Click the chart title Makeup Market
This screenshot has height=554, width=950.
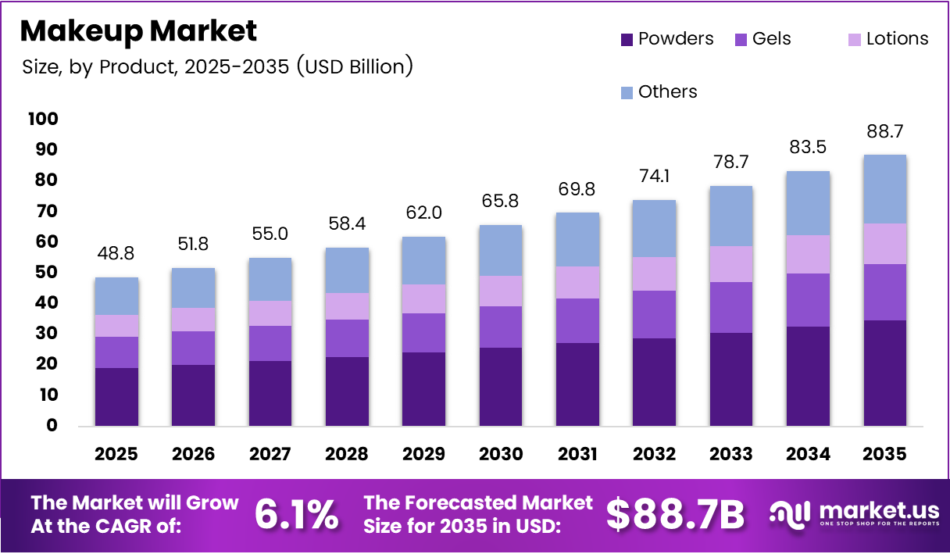(138, 31)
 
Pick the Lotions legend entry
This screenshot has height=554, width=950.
(888, 39)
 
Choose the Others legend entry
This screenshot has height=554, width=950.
(659, 92)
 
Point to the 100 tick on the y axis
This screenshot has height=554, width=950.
(42, 119)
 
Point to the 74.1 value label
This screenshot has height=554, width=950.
(655, 176)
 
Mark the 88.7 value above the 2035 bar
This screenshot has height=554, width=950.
(885, 130)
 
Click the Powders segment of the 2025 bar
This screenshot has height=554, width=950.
(117, 397)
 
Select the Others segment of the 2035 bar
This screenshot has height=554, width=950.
(885, 189)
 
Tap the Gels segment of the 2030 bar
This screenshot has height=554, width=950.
(501, 327)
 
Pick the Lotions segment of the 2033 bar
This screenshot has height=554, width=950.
(731, 264)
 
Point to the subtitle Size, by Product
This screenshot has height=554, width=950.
(217, 67)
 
